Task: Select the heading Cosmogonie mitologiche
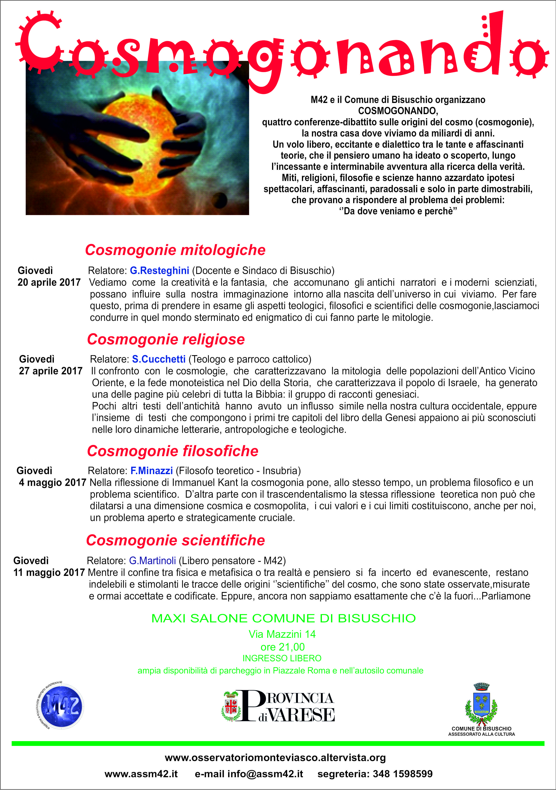175,250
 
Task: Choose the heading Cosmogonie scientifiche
175,540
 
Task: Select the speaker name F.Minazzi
151,471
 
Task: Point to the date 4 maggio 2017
52,482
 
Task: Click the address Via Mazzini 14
282,634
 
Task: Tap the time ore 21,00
282,647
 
